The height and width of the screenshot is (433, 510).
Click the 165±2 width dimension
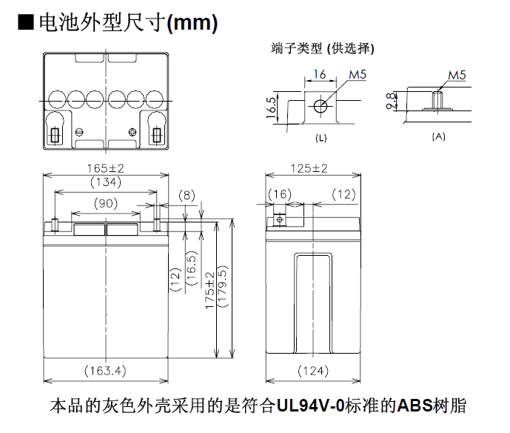pos(106,168)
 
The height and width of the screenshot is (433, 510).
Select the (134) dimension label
pos(106,182)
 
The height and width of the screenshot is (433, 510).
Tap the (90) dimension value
pos(106,203)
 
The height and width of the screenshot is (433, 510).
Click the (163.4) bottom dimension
pos(106,370)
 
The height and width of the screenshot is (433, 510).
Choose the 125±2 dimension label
pos(309,168)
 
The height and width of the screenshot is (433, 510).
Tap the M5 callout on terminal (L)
pos(358,75)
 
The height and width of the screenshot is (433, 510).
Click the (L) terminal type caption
pos(321,138)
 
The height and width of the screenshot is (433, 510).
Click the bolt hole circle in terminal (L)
pos(320,105)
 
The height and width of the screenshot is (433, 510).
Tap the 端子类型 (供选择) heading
pos(323,49)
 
